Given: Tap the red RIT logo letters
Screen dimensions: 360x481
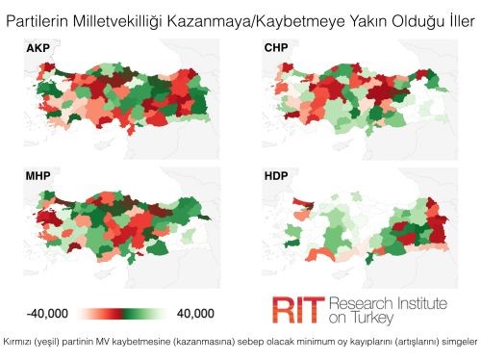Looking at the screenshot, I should pyautogui.click(x=295, y=309).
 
